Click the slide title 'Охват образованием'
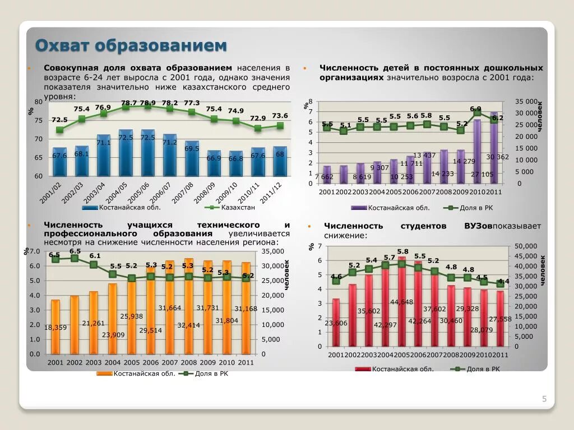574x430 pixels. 131,45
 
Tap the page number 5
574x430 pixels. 544,399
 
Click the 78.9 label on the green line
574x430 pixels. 148,103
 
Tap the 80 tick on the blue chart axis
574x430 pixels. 38,102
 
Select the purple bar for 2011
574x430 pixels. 494,151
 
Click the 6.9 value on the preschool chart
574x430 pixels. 475,109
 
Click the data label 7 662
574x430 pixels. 325,177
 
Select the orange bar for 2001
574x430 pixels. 55,328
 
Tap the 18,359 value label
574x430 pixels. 56,327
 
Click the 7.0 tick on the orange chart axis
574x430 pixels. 34,251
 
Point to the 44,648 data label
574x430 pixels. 401,302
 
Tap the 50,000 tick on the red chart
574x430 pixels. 526,246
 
